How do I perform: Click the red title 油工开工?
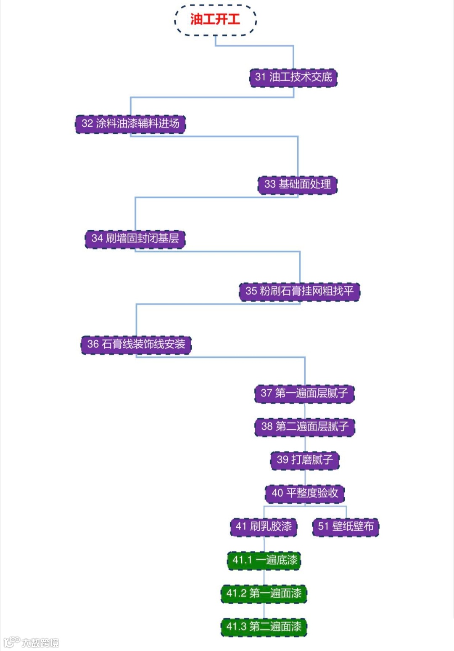coord(215,19)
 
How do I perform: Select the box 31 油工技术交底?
coord(293,77)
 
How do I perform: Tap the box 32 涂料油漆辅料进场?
coord(130,124)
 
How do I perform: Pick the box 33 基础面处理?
coord(297,185)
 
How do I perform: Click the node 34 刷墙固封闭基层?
coord(135,239)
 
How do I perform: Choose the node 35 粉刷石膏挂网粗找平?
coord(299,291)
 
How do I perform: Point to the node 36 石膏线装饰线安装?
coord(136,344)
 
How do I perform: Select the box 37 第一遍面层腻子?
coord(304,393)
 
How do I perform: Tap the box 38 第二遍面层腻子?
coord(305,427)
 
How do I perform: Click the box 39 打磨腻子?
coord(304,460)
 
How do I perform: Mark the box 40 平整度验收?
coord(305,493)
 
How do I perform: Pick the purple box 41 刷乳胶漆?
coord(264,526)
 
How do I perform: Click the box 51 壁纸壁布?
coord(346,526)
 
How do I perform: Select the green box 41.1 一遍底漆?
coord(264,560)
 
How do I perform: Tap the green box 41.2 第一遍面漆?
coord(264,593)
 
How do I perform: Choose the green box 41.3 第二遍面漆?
coord(264,627)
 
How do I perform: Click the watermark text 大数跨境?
coord(40,643)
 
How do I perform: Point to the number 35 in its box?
coord(251,291)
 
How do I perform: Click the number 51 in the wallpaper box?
coord(323,526)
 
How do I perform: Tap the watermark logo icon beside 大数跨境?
coord(11,642)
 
